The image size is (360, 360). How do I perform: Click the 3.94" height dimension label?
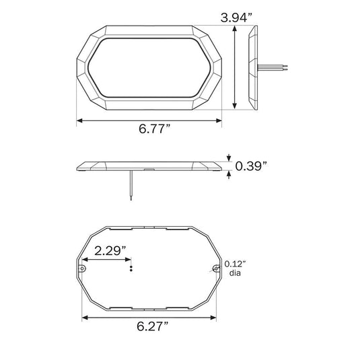click(236, 17)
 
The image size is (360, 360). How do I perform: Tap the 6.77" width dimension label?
click(155, 129)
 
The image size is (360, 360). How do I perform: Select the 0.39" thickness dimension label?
click(251, 166)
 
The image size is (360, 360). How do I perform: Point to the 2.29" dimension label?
click(110, 250)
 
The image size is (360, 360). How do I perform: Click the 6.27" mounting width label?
click(153, 326)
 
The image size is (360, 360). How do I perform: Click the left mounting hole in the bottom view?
click(82, 268)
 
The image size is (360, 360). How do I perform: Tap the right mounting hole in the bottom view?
click(216, 268)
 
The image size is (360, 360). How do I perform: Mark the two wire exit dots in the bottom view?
click(131, 268)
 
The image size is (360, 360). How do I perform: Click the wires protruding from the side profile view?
click(273, 68)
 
